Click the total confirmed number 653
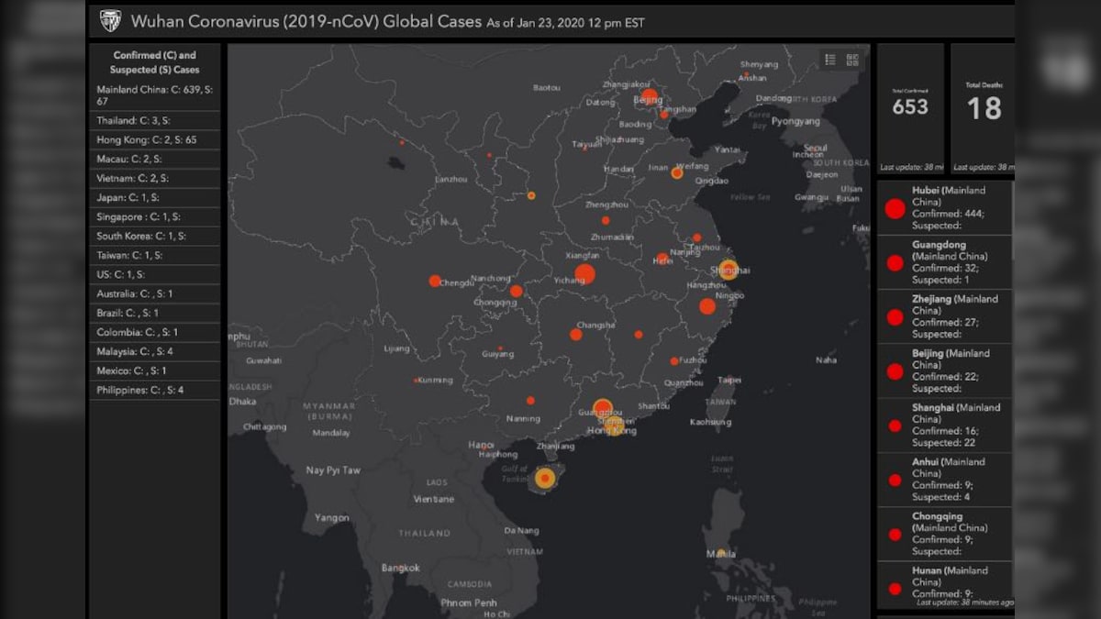pos(910,107)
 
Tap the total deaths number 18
pos(984,109)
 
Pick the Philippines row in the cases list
pos(140,391)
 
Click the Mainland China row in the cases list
pos(154,94)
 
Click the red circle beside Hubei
pos(895,208)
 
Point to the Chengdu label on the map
pos(457,283)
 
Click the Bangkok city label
pos(401,569)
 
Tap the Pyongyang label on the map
pos(795,121)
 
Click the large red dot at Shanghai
pos(728,270)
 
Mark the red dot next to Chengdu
pos(434,282)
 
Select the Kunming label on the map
pos(435,381)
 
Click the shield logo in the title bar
pos(110,21)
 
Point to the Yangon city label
pos(331,518)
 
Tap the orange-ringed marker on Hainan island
pos(545,478)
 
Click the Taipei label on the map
pos(728,380)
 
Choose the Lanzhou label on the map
pos(451,180)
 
